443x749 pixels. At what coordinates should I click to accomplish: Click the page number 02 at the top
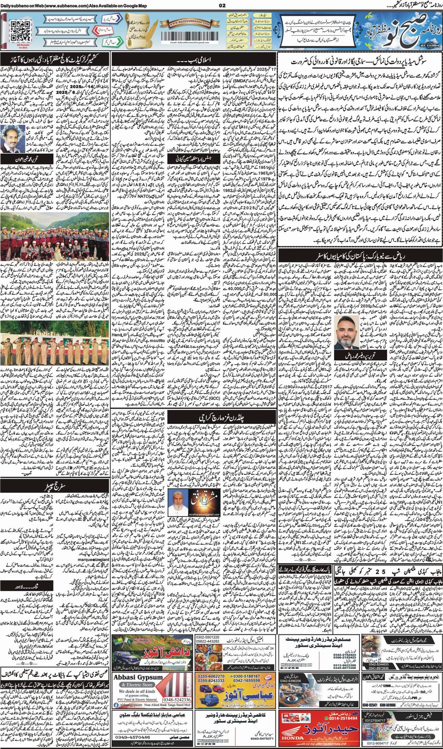222,5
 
